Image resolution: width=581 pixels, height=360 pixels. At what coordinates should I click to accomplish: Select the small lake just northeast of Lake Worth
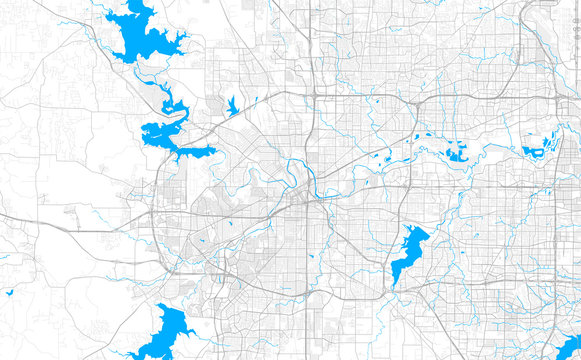click(x=232, y=105)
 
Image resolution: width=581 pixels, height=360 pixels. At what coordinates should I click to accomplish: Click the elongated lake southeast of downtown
click(x=408, y=250)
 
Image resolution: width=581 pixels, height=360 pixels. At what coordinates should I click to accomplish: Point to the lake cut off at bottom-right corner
click(x=568, y=346)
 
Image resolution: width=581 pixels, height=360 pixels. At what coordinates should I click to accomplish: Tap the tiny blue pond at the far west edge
click(x=9, y=292)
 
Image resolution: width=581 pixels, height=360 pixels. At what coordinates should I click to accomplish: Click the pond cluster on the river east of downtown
click(x=456, y=152)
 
